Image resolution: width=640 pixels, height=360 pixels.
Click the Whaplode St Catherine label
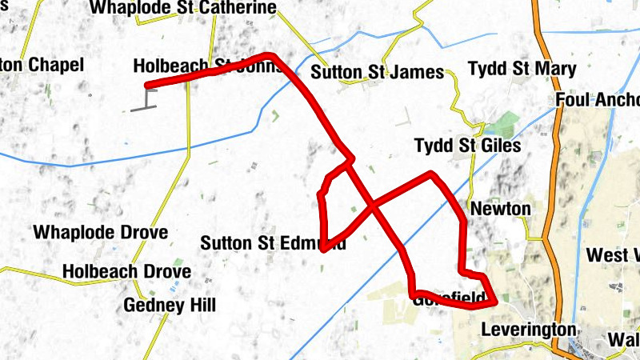183,8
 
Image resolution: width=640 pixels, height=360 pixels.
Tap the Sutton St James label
377,73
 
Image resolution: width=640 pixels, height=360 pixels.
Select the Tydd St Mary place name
522,69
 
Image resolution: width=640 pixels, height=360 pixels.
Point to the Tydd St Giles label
467,146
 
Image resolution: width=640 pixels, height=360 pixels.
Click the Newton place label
501,209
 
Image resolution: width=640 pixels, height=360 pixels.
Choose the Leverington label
528,330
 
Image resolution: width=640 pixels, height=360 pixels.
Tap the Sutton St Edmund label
274,242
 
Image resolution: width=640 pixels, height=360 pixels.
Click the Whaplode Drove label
100,233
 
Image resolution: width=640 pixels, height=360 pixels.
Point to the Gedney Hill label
170,305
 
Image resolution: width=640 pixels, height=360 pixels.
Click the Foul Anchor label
597,101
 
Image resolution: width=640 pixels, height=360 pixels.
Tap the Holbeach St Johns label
204,66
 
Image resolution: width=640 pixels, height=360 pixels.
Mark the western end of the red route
146,86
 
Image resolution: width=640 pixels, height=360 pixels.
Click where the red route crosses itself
372,208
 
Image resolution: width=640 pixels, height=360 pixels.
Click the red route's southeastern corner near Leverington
496,302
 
